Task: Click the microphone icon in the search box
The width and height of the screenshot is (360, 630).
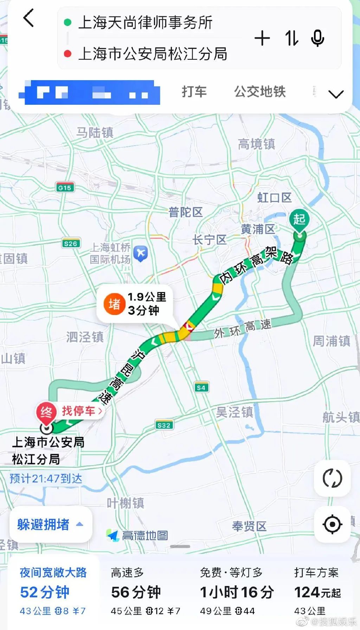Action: (x=317, y=38)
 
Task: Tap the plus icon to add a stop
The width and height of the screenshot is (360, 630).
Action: (x=262, y=38)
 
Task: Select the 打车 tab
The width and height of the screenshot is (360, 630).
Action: (x=194, y=92)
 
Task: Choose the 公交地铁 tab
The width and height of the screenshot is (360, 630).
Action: (x=260, y=92)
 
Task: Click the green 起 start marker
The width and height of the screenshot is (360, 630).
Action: (x=299, y=220)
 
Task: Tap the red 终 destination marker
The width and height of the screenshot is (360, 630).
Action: (x=46, y=412)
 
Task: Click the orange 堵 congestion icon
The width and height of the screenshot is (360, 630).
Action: (x=114, y=304)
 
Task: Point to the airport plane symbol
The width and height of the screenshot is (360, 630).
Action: (x=141, y=253)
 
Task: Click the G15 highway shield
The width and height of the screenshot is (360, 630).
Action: (x=65, y=187)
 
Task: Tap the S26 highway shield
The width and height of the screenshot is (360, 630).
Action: (x=71, y=243)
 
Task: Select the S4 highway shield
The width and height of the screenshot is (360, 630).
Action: (x=201, y=387)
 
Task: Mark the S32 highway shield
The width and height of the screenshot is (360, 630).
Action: (x=164, y=425)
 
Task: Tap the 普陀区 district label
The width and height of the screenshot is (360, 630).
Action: (x=186, y=212)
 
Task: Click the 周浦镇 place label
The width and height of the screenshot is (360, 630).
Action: (x=332, y=341)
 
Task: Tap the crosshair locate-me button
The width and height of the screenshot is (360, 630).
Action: (x=332, y=524)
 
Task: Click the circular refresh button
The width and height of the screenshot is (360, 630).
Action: (x=332, y=478)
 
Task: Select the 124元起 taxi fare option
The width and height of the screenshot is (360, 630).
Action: (x=317, y=592)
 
